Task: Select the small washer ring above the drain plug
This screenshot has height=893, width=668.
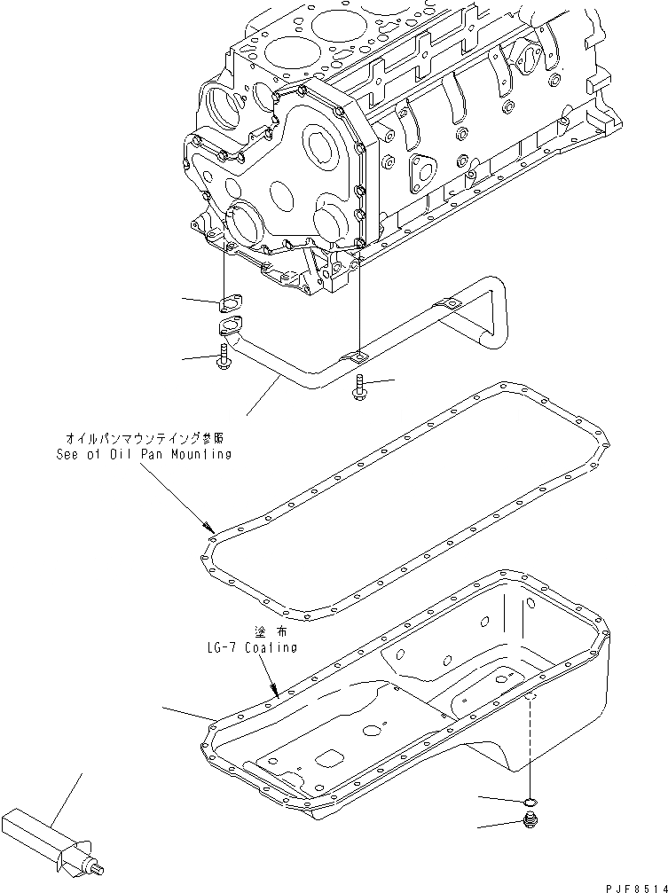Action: tap(530, 803)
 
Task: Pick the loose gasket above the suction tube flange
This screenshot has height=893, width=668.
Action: tap(229, 304)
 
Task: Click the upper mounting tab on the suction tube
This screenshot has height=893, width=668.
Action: tap(452, 305)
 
